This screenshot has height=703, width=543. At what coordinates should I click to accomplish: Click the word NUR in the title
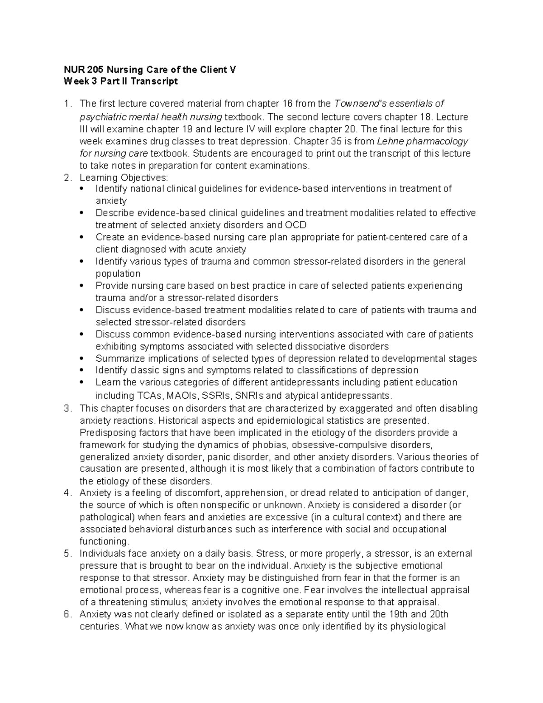click(71, 70)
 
